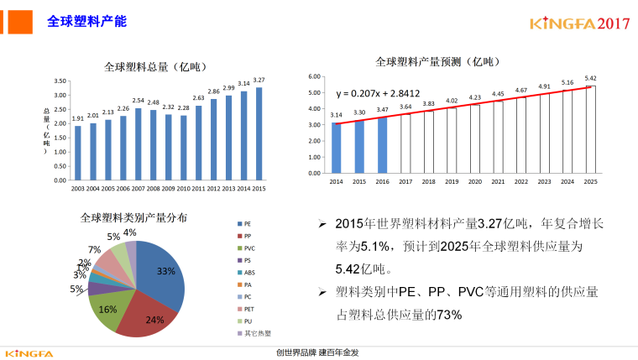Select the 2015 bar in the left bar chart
(x=259, y=134)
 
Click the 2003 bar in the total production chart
(x=78, y=153)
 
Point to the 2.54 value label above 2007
(x=139, y=100)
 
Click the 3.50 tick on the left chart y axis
(x=60, y=81)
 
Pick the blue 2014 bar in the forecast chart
(x=336, y=148)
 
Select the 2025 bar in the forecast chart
(x=590, y=130)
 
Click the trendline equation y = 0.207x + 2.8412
(x=379, y=92)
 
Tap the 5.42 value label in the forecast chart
(x=590, y=78)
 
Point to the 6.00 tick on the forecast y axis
(x=314, y=76)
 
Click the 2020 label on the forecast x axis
(x=474, y=181)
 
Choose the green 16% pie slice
(x=107, y=306)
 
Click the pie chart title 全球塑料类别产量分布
(x=134, y=217)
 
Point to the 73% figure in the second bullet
(x=448, y=314)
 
